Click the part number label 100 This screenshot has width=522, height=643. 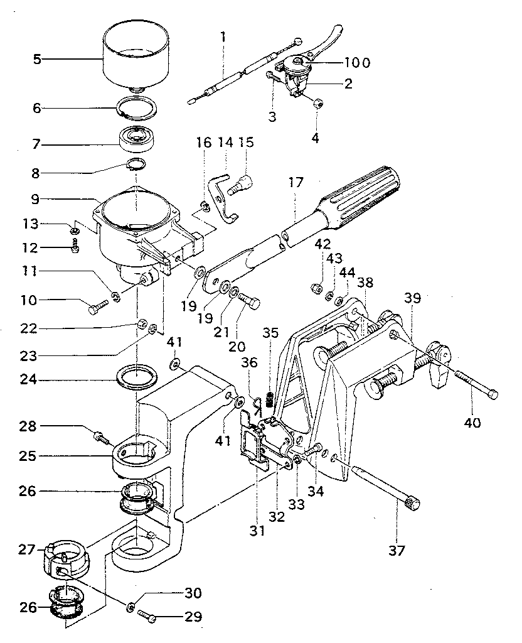coord(356,62)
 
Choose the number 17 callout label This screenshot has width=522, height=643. coord(296,183)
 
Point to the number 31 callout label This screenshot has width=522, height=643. coord(257,531)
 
